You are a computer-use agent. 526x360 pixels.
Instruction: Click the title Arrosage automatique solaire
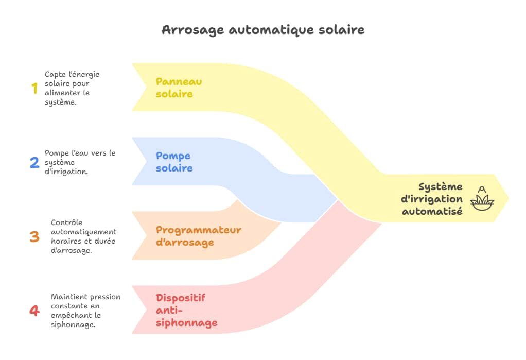(263, 29)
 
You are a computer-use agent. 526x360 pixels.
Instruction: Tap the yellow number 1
(34, 89)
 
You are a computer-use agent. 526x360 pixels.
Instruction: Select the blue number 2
(34, 163)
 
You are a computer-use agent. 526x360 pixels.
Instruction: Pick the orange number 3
(34, 237)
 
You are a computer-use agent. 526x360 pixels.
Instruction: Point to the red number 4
(34, 311)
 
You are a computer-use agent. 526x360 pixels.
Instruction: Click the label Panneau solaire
(179, 88)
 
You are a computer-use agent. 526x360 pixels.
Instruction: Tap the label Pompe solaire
(174, 162)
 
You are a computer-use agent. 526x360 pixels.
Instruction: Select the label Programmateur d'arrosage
(198, 236)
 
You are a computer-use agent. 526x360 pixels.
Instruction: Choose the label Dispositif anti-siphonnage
(186, 310)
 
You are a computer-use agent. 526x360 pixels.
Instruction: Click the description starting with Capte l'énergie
(72, 88)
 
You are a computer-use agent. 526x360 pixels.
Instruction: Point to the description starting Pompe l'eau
(80, 162)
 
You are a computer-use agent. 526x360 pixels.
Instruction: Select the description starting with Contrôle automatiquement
(83, 236)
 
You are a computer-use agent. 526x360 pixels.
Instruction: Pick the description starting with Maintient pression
(85, 311)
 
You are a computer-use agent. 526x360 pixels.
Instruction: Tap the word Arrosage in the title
(193, 29)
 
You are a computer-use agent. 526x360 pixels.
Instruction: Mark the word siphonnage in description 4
(73, 324)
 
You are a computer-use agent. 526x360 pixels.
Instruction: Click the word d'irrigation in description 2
(66, 172)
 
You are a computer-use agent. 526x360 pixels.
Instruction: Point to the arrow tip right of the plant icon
(506, 198)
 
